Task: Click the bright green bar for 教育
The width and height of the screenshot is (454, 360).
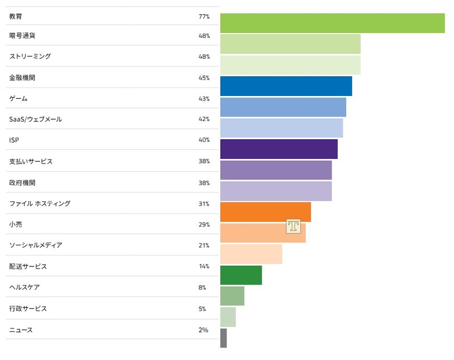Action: coord(332,23)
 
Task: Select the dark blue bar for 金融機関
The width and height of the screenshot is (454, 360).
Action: coord(285,86)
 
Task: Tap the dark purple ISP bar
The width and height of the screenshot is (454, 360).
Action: coord(278,149)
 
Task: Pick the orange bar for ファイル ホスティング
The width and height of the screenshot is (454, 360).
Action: coord(265,212)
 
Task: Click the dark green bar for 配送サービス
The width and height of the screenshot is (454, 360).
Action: coord(241,275)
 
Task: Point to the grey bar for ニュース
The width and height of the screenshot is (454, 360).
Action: coord(223,338)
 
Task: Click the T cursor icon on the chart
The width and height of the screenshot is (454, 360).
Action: coord(293,226)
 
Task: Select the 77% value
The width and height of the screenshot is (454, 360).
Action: coord(204,17)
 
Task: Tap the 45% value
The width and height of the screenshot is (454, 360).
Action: coord(204,78)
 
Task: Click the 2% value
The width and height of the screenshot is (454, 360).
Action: coord(203,330)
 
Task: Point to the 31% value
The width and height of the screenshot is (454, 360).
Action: coord(204,204)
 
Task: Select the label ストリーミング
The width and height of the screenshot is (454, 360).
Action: coord(30,57)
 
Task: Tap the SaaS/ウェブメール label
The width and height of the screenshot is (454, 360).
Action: coord(36,119)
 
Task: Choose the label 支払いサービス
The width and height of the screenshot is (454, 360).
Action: coord(31,161)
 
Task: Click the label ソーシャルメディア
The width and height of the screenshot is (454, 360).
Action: coord(36,245)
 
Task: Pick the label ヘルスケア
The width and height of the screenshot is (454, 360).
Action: coord(24,287)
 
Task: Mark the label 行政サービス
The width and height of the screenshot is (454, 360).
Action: coord(28,309)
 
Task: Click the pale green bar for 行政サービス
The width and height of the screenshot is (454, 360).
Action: coord(228,317)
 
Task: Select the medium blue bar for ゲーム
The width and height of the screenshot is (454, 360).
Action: coord(283,107)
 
